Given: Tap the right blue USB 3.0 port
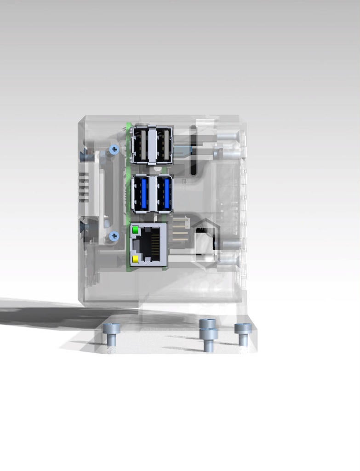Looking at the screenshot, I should coord(165,194).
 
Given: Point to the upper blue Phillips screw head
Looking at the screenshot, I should coord(114,149).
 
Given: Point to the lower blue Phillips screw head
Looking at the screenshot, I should coord(114,236).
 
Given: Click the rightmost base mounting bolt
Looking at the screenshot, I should coord(243,333).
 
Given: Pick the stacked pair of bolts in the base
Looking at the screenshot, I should coord(208,334).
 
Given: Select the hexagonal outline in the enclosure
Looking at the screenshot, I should coord(205,244).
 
